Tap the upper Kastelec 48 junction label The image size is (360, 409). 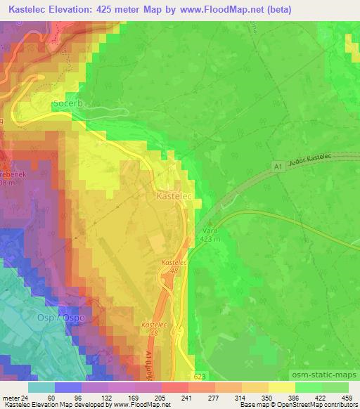pyautogui.click(x=171, y=266)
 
